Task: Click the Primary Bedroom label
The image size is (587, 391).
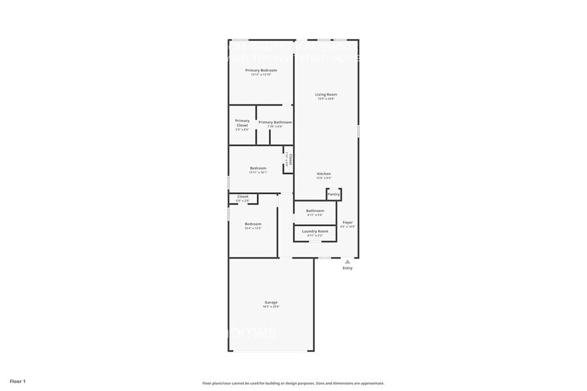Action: (261, 70)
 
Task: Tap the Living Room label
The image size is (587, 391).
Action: (326, 94)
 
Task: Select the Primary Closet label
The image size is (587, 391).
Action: (242, 123)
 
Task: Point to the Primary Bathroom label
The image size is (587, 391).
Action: (275, 122)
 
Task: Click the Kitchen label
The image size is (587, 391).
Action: (324, 174)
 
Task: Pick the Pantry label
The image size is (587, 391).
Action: (333, 194)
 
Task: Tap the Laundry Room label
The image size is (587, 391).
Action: (315, 231)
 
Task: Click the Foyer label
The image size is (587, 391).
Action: (348, 222)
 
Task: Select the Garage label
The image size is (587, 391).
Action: (271, 302)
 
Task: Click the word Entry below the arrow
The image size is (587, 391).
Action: (347, 268)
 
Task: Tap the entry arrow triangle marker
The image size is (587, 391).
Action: (347, 262)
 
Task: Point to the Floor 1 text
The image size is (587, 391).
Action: (17, 381)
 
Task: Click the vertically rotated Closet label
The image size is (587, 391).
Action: (290, 159)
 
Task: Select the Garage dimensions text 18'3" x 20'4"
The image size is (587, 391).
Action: (271, 307)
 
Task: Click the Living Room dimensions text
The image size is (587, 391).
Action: (326, 99)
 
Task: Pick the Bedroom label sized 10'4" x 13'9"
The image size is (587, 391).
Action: (253, 224)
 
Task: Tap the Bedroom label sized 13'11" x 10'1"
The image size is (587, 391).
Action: (258, 168)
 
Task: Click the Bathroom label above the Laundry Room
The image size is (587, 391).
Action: (315, 211)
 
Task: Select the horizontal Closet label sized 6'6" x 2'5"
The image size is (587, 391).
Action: (243, 196)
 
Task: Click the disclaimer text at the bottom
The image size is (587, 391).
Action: (293, 383)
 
